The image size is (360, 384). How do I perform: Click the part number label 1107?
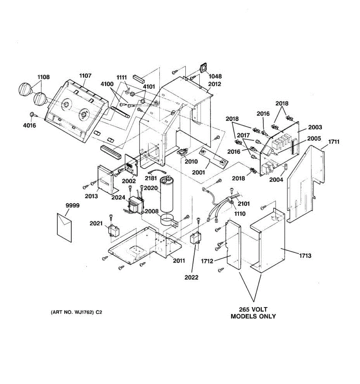85,76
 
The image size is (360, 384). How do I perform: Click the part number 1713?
305,256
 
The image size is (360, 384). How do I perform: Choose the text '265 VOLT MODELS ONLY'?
253,313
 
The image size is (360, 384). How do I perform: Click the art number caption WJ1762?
76,312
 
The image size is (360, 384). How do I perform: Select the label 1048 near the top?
215,76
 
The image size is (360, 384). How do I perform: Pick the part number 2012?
214,84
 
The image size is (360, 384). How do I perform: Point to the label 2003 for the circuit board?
315,127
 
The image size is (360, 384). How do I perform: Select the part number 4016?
29,125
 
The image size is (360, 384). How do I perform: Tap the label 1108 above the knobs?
44,77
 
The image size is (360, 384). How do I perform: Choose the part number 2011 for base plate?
179,260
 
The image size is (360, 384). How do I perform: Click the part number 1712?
207,261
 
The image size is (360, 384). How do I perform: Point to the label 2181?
151,178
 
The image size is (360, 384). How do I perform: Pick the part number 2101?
244,204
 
